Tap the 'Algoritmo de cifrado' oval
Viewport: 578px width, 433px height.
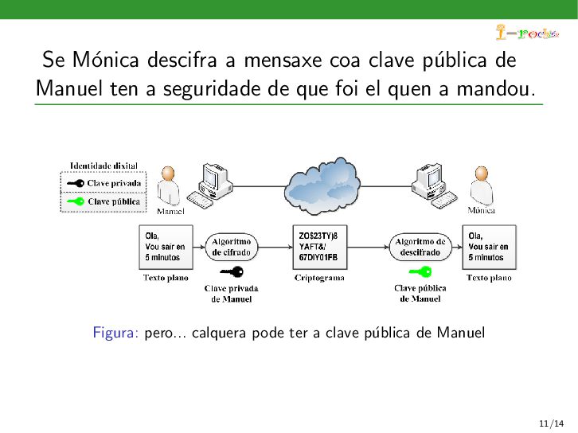(231, 246)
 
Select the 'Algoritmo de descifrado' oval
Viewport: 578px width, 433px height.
(420, 246)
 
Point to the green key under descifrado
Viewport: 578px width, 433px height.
(420, 272)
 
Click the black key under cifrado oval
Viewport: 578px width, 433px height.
(232, 272)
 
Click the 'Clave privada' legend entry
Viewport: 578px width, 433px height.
(103, 183)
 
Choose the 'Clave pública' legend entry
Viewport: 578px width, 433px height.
(103, 201)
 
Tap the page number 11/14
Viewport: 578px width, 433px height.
(552, 421)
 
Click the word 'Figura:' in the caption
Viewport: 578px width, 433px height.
(116, 332)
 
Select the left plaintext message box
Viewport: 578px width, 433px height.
(166, 247)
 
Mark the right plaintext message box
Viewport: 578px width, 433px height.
(489, 247)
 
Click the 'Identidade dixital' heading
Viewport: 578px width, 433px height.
(103, 166)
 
